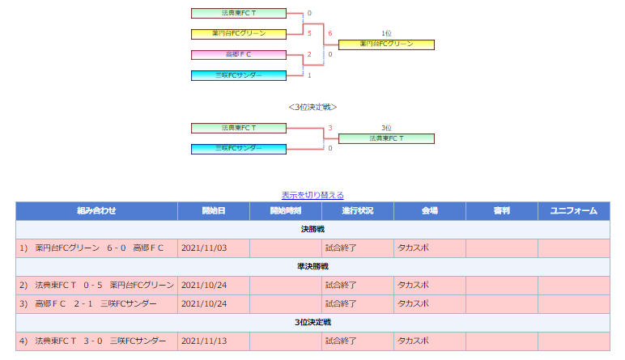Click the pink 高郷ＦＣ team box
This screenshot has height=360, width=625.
tap(239, 54)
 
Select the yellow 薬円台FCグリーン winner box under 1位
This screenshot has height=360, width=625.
tap(386, 44)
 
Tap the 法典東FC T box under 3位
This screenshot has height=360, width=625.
tap(386, 138)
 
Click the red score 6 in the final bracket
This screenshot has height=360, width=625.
tap(330, 33)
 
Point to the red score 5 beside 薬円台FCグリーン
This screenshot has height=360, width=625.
tap(309, 33)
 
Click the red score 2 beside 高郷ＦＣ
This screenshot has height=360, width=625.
tap(309, 54)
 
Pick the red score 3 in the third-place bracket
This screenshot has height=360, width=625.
tap(330, 128)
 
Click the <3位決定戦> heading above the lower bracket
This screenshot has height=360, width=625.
tap(312, 107)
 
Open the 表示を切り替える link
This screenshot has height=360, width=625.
tap(312, 195)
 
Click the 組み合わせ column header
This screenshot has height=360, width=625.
tap(96, 210)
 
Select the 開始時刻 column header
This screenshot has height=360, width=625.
tap(286, 210)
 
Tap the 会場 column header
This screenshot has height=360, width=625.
tap(430, 210)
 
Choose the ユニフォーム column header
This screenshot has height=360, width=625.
tap(573, 210)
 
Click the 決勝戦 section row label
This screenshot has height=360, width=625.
tap(312, 230)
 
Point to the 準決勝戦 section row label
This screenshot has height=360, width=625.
tap(312, 266)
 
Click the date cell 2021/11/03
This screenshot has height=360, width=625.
tap(214, 248)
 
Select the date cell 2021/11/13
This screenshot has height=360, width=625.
tap(214, 341)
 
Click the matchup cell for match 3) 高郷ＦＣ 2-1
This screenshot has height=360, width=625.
tap(96, 304)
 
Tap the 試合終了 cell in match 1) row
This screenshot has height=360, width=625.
tap(358, 248)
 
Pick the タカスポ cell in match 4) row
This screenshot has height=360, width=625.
tap(430, 341)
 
